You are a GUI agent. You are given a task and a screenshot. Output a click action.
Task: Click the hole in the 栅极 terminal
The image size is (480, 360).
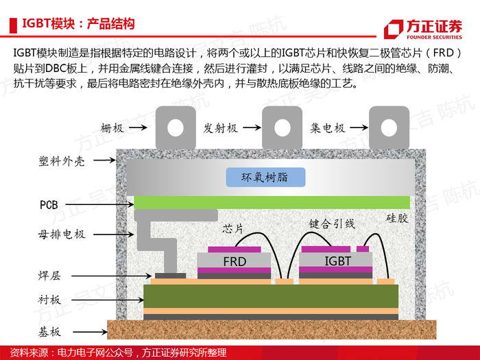tap(176, 128)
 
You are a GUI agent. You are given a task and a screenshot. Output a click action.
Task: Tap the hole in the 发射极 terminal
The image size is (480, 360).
tap(283, 128)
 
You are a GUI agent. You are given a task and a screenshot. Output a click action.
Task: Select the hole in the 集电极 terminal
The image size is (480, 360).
tap(389, 128)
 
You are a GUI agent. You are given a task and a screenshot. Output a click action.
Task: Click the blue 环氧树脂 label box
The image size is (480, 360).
tap(265, 177)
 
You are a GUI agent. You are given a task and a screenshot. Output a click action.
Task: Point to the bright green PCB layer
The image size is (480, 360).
tap(272, 202)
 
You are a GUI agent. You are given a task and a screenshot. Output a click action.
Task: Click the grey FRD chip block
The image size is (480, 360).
tap(235, 260)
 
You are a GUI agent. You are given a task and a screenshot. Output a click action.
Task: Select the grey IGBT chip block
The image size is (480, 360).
tap(335, 260)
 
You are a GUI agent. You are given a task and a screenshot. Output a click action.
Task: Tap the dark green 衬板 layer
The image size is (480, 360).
tap(271, 296)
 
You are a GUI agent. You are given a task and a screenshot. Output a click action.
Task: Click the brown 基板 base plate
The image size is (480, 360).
tap(272, 330)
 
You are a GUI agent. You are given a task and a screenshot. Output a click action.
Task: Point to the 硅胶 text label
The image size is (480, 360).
tap(397, 218)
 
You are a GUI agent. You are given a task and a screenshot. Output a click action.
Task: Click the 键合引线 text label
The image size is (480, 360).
tap(332, 224)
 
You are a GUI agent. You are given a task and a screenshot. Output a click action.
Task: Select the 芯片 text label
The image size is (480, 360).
tap(232, 228)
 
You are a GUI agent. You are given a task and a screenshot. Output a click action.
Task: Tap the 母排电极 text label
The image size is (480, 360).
tap(62, 235)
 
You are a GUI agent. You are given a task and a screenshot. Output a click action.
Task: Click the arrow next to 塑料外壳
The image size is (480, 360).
tap(104, 160)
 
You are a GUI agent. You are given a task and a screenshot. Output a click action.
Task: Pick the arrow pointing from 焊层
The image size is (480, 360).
tap(112, 276)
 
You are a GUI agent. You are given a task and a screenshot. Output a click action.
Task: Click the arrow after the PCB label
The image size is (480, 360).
tap(100, 204)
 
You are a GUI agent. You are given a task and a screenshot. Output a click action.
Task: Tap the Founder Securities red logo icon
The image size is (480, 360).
tap(394, 29)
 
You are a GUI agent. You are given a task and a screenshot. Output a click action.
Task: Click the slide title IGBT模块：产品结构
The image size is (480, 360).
tap(78, 24)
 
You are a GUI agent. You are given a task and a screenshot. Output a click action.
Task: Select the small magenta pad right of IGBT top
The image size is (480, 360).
tap(363, 249)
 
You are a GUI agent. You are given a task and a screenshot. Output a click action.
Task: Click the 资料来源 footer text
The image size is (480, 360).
tap(118, 352)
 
